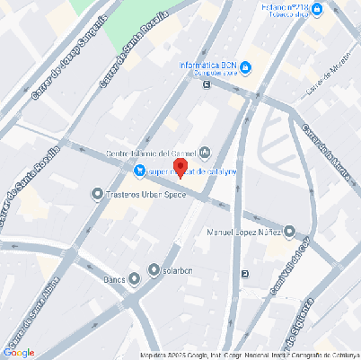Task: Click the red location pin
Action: (180, 168)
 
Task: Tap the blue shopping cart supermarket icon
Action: (140, 171)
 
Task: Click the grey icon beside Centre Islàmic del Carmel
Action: (205, 151)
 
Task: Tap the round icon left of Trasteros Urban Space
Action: (97, 193)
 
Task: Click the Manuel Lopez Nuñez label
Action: (243, 232)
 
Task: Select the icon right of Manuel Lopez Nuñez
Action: (289, 232)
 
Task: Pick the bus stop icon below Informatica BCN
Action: (207, 85)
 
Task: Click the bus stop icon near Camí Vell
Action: (246, 274)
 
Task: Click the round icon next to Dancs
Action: (135, 279)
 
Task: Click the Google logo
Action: (20, 352)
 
